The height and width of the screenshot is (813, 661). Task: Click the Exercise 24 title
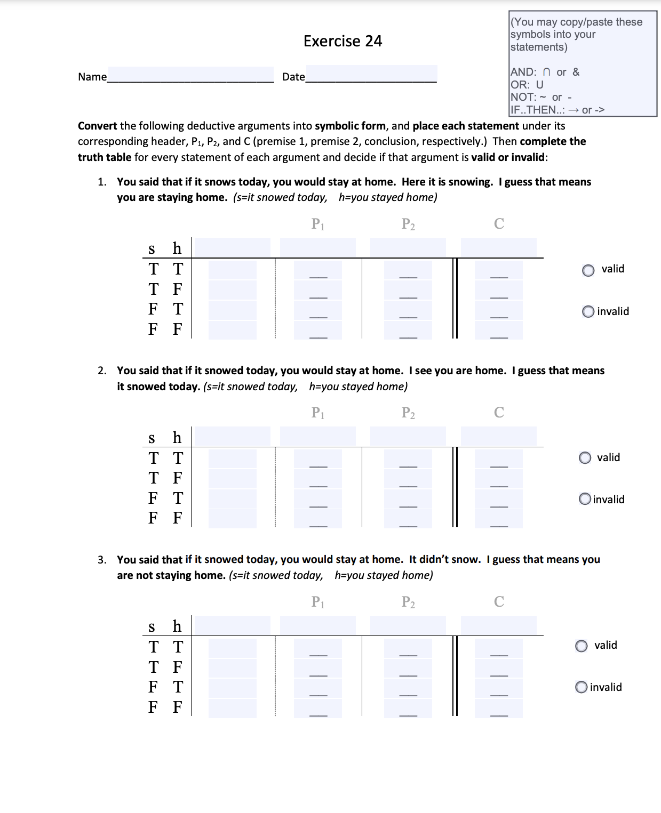343,41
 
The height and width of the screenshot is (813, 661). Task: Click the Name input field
190,75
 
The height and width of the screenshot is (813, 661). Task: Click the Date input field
371,74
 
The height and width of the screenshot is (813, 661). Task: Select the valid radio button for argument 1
588,270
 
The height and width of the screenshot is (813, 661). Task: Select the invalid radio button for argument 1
588,311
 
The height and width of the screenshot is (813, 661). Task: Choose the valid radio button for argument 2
585,458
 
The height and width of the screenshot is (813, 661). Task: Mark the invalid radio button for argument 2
585,500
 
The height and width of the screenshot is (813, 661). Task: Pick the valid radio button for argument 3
582,646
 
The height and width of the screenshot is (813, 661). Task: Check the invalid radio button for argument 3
582,688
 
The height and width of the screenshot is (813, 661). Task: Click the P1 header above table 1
317,224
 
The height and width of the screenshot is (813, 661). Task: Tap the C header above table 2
499,413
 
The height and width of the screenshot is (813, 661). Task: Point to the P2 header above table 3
408,602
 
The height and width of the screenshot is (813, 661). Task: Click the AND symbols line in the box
545,72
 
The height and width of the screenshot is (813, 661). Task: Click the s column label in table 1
152,249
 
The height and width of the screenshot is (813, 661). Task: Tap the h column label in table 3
177,626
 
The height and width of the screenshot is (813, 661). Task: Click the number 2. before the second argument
102,371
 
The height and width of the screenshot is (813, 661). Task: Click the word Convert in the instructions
97,126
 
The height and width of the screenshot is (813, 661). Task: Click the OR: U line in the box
527,85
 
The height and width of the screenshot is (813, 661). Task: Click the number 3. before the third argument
102,560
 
